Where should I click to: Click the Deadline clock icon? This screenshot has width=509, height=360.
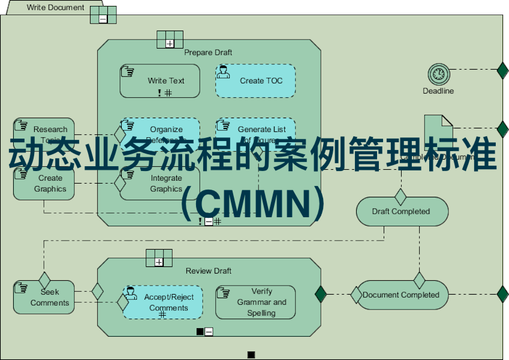(439, 74)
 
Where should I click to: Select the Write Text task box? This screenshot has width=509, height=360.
(159, 81)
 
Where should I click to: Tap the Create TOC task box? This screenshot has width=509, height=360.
(255, 81)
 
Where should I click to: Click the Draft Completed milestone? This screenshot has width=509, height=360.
(402, 211)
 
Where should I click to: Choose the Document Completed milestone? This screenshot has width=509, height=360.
(402, 295)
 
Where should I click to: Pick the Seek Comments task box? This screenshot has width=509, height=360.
(44, 297)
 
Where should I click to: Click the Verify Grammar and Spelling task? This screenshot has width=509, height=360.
(255, 302)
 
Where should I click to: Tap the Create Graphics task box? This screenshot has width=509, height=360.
(44, 183)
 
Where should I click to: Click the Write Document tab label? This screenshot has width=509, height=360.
(56, 8)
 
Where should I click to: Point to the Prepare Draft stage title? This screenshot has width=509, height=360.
(208, 53)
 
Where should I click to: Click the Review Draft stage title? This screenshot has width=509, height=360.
(208, 271)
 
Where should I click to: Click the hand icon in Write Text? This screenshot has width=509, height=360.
(127, 71)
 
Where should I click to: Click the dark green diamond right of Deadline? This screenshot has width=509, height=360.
(502, 70)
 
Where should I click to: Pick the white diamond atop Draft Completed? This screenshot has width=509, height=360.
(400, 196)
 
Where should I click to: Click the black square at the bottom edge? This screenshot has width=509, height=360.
(251, 355)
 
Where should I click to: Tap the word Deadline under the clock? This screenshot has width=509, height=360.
(438, 91)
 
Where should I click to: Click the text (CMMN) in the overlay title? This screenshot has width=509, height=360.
(254, 204)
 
